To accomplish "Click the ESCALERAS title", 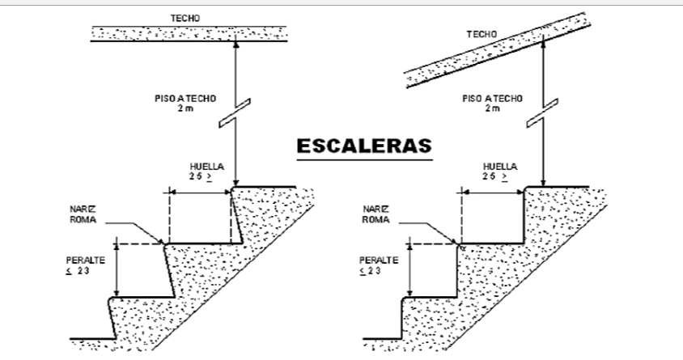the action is pos(364,146).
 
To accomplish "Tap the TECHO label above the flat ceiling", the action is pos(185,19).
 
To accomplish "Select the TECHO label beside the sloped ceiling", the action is pos(481,34).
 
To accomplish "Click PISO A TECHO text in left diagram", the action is pos(185,99).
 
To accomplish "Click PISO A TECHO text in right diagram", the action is pos(492,99).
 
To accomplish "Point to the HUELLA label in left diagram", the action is pos(207,167).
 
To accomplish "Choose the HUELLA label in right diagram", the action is pos(500,167).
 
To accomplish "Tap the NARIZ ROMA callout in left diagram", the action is pos(83,214).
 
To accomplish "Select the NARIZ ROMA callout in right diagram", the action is pos(376,214).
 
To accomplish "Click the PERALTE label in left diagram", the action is pos(86,260).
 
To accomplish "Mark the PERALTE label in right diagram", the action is pos(379,260).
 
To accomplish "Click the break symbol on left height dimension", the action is pos(235,113).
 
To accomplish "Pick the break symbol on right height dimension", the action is pos(542,113).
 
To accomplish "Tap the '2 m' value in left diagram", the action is pos(185,108).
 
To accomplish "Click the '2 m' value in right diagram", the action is pos(492,108).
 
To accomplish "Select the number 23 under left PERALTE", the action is pos(83,271).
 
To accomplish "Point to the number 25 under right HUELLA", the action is pos(489,176).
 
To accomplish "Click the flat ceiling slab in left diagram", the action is pos(189,33).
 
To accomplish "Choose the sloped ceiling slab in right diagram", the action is pos(498,50).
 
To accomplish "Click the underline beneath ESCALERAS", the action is pos(365,159).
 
